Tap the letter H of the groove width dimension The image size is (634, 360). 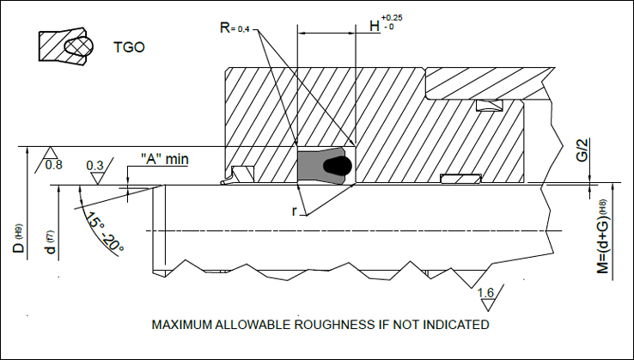pos(375,27)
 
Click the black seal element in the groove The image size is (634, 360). pos(325,166)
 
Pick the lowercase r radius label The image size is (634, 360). pos(295,209)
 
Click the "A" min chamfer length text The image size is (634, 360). pos(163,159)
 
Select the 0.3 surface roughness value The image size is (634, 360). pos(95,165)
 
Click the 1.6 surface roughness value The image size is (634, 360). pos(485,294)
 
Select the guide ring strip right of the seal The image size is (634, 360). pos(460,179)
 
